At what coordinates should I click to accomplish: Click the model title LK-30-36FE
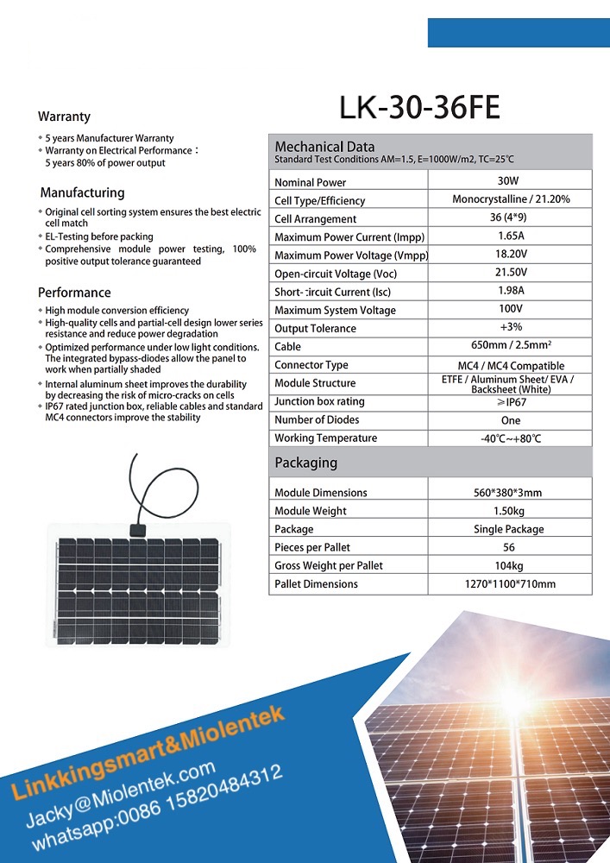(x=419, y=107)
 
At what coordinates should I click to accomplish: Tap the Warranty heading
(x=64, y=117)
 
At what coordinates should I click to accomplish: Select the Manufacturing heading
(x=82, y=192)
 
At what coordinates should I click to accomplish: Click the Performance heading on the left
(x=74, y=293)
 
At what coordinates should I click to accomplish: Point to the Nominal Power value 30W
(x=509, y=181)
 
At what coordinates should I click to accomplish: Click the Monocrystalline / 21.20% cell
(x=511, y=199)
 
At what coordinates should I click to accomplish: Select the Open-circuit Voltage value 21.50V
(x=511, y=273)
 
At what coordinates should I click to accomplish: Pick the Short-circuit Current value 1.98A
(x=511, y=291)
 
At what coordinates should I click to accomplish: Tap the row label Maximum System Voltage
(x=335, y=310)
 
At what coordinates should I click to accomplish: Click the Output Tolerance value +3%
(x=511, y=327)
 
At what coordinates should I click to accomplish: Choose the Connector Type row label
(x=311, y=365)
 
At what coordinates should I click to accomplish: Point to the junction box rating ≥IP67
(x=511, y=402)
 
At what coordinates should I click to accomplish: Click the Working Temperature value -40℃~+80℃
(x=511, y=438)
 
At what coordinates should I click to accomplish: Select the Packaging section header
(x=305, y=463)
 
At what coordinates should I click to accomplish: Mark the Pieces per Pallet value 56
(x=509, y=547)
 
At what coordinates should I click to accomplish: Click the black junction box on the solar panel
(x=136, y=529)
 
